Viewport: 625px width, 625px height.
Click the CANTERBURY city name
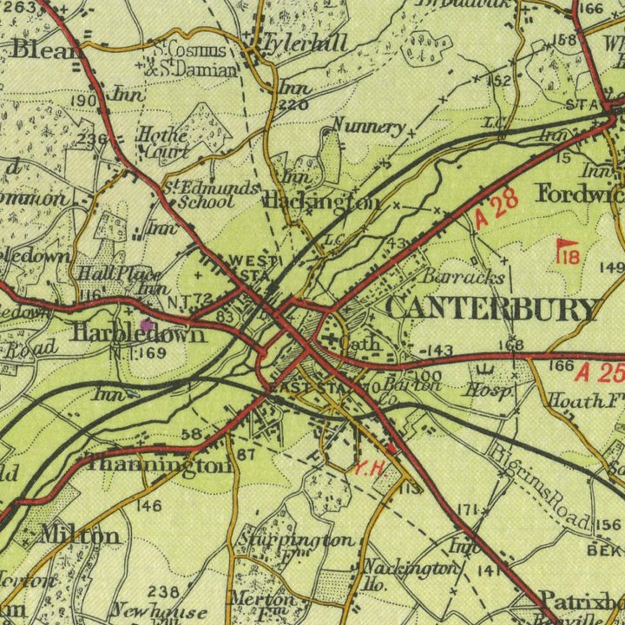[x=492, y=308]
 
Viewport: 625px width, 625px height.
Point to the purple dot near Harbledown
[x=146, y=324]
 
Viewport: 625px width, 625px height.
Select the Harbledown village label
[x=139, y=334]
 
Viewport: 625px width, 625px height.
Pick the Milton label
[x=80, y=534]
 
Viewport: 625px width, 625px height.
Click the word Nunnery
[x=368, y=127]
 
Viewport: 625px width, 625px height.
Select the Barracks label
[x=464, y=277]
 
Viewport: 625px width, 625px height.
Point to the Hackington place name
[x=320, y=202]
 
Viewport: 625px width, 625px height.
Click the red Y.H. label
[x=368, y=468]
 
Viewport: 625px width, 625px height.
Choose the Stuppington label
[x=297, y=540]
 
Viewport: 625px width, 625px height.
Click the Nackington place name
[x=411, y=568]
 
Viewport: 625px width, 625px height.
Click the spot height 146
[x=148, y=505]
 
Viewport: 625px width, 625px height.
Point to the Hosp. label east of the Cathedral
[x=489, y=391]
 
